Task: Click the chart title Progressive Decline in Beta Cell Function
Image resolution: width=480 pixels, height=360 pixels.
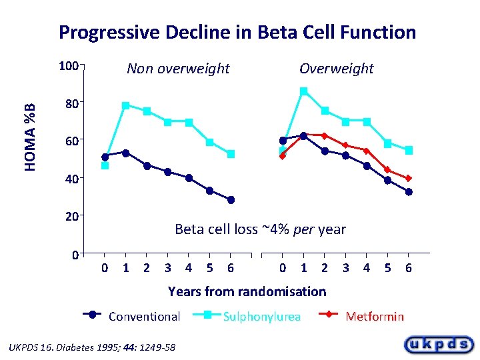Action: [237, 32]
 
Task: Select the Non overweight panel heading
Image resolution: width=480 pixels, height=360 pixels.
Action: [178, 69]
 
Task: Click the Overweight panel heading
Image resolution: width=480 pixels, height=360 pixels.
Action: [336, 69]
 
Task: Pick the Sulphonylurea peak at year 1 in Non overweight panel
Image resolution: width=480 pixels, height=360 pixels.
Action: [125, 105]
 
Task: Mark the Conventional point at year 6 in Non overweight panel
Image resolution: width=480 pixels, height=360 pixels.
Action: [231, 200]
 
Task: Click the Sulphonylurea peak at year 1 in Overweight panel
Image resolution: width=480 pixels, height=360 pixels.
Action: [303, 91]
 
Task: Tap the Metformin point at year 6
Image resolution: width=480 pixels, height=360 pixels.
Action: [409, 179]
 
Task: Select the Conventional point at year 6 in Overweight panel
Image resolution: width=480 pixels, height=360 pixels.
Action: [409, 192]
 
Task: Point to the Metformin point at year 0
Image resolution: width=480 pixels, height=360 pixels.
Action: [283, 156]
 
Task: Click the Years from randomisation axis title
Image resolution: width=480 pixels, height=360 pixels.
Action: [247, 291]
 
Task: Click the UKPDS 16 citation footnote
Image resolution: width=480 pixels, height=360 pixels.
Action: [90, 347]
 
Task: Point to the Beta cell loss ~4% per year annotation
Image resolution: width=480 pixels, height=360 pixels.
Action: [260, 229]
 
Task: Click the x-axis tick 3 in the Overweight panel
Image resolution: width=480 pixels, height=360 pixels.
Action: [345, 268]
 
